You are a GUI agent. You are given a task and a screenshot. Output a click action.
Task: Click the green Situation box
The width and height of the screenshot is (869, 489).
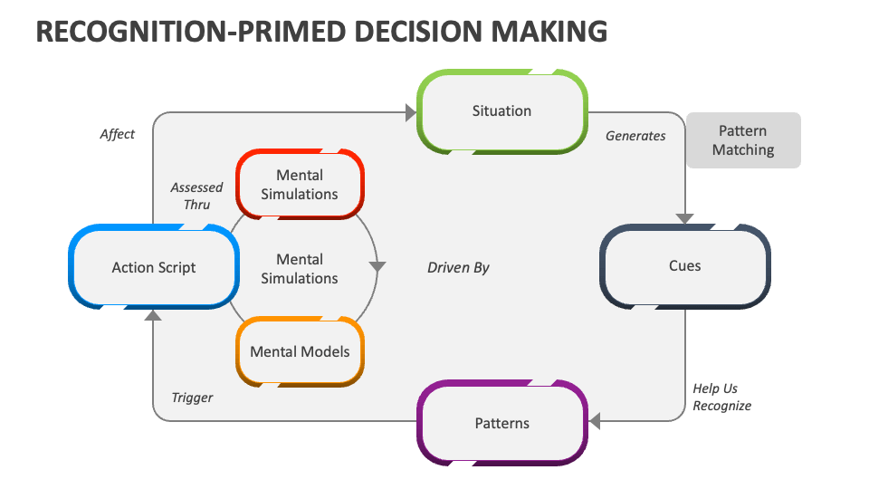click(x=501, y=111)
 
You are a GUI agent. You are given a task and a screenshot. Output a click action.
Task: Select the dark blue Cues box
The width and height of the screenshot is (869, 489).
click(x=685, y=266)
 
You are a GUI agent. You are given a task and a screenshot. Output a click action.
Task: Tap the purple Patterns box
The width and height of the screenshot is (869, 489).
click(x=501, y=423)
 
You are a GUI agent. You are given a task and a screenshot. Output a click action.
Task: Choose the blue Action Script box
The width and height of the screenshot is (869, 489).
click(x=154, y=267)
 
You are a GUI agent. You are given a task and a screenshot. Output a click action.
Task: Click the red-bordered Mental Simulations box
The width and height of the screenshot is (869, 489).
click(x=300, y=184)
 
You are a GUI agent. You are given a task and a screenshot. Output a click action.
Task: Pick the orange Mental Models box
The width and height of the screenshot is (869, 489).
click(x=300, y=351)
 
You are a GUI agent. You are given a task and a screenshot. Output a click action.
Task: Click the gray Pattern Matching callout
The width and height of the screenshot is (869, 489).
click(x=743, y=140)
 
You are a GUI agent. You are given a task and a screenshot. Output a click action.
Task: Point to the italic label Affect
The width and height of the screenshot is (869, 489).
click(x=117, y=134)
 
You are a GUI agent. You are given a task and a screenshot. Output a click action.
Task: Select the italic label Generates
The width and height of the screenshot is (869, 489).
click(x=635, y=136)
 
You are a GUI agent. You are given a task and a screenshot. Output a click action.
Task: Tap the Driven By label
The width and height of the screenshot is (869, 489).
click(x=458, y=267)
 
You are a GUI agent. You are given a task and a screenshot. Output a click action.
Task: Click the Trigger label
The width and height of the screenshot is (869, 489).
click(x=192, y=398)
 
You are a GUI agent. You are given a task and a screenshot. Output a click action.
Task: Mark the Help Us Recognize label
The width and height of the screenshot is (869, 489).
click(x=721, y=398)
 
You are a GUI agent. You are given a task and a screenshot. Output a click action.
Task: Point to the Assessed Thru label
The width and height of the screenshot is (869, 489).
click(x=196, y=196)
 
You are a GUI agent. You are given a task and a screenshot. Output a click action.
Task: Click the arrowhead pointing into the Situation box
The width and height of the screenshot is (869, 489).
click(x=410, y=113)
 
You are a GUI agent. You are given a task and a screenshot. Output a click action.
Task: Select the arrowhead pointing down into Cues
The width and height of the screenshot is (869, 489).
click(x=685, y=218)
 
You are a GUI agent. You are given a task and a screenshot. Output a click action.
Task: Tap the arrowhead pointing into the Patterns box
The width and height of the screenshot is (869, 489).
click(x=595, y=420)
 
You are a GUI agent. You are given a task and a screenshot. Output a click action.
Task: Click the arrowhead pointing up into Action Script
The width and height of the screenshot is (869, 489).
click(x=153, y=315)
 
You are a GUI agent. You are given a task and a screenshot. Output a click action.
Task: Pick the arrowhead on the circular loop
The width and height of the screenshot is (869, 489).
click(x=377, y=267)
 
